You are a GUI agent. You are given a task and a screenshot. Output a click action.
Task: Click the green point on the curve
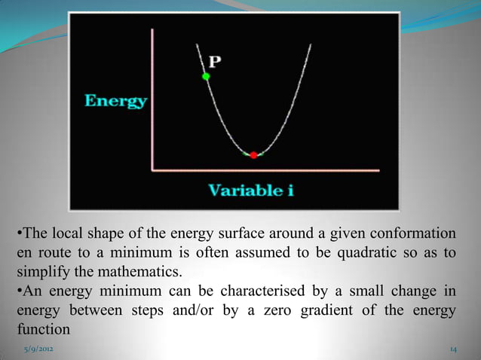(x=205, y=76)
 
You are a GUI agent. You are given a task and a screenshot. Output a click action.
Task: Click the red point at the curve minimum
(x=253, y=154)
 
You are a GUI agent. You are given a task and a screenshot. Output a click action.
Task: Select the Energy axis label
(x=115, y=101)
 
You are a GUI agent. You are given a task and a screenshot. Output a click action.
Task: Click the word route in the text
(x=55, y=251)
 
